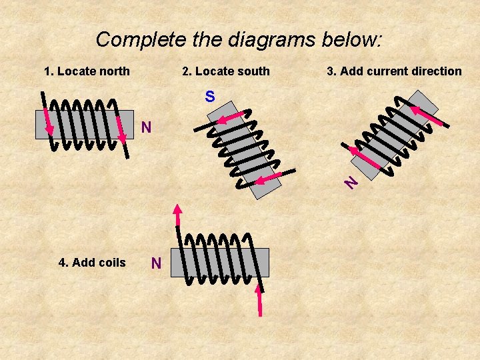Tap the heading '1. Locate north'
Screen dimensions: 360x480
87,71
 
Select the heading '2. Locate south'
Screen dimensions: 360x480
226,71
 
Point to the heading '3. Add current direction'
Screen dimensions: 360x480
394,71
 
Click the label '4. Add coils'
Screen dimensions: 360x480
92,263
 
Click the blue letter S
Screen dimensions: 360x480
210,97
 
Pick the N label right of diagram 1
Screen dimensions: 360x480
146,127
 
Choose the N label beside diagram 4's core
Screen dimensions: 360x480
156,264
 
